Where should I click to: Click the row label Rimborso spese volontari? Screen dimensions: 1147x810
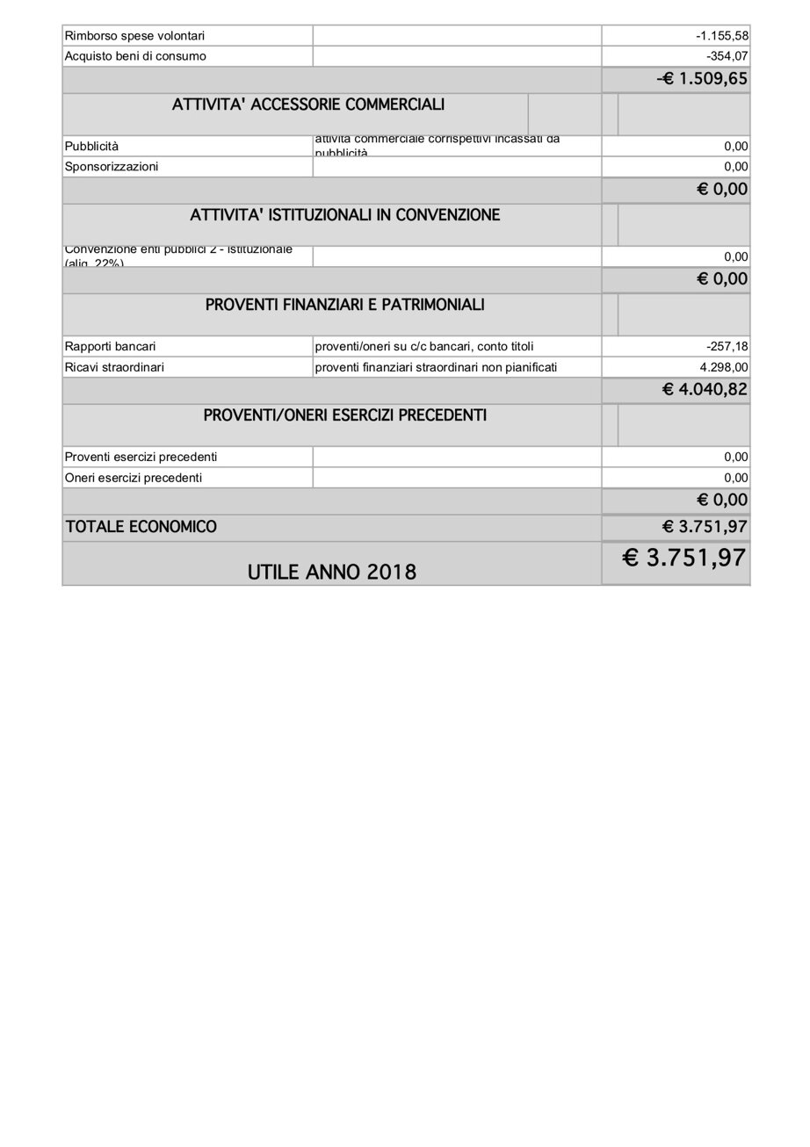click(x=134, y=36)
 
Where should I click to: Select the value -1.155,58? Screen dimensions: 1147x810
click(x=721, y=36)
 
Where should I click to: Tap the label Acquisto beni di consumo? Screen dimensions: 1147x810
click(x=135, y=56)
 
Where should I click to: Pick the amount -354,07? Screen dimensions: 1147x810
click(x=727, y=56)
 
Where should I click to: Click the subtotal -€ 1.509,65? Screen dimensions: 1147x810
click(x=702, y=79)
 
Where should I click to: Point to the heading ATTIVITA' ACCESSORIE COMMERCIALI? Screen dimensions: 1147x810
click(x=307, y=105)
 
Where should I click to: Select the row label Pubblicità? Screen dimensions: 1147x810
click(x=91, y=146)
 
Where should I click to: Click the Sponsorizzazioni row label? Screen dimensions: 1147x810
click(x=112, y=166)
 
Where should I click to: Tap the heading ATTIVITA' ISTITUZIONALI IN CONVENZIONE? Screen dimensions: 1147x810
click(x=344, y=215)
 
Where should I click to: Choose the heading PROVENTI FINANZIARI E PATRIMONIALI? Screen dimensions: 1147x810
click(x=344, y=305)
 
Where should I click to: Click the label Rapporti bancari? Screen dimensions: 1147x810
click(x=110, y=346)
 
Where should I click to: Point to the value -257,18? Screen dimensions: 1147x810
click(x=727, y=346)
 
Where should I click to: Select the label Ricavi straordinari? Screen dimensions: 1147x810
click(x=114, y=367)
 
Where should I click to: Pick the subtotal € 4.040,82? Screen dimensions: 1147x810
click(x=705, y=389)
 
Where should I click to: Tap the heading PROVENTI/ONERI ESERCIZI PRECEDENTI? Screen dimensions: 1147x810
click(x=344, y=415)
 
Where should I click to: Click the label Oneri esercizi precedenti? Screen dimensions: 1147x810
click(x=133, y=478)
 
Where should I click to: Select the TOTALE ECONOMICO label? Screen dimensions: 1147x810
click(x=141, y=527)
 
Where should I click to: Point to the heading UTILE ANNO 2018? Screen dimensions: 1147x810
click(x=331, y=572)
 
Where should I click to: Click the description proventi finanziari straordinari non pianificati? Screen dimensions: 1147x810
click(x=436, y=367)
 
